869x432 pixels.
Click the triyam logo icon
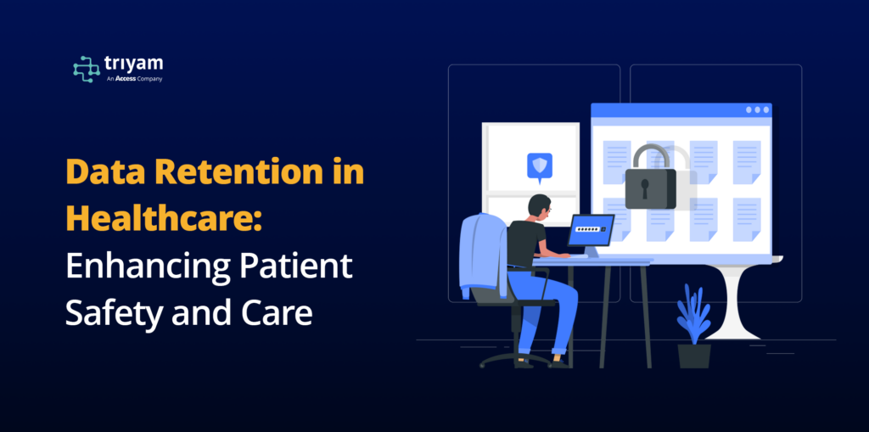click(87, 70)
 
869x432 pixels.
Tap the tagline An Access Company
click(135, 79)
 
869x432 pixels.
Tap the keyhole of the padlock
click(645, 188)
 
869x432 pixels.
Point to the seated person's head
click(539, 207)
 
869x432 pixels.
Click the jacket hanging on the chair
click(483, 255)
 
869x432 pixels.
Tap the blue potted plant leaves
click(693, 314)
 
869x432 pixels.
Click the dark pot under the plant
click(694, 356)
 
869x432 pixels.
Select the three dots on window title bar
click(757, 109)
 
